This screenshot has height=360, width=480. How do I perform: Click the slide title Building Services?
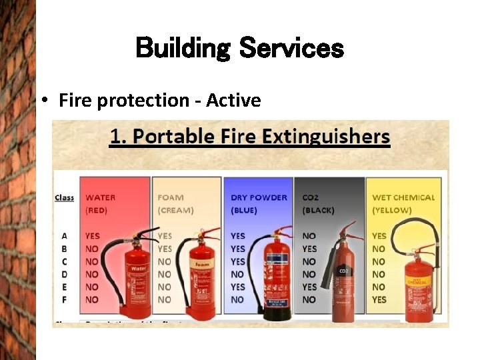(239, 48)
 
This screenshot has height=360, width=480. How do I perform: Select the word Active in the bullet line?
(233, 101)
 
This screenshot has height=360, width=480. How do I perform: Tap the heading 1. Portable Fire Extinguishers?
(250, 137)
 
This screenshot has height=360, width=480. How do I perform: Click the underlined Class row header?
(65, 197)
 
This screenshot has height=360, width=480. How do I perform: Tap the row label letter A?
(65, 236)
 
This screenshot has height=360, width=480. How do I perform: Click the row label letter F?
(65, 300)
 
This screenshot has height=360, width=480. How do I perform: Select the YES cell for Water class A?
(92, 236)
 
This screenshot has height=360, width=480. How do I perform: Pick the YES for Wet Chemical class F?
(379, 300)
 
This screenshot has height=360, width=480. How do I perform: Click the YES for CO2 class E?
(309, 287)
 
